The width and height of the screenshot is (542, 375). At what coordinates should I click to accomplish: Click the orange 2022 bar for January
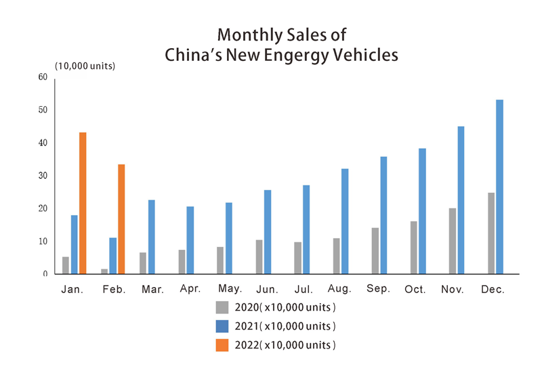[x=83, y=203]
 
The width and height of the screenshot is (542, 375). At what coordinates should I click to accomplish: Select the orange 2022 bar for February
[x=121, y=219]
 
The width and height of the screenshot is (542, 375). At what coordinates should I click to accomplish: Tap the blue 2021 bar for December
[x=500, y=187]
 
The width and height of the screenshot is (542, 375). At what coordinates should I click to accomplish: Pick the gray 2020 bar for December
[x=491, y=234]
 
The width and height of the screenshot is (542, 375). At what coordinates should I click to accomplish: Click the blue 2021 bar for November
[x=461, y=200]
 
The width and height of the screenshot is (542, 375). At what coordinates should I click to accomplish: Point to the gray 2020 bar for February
[x=104, y=271]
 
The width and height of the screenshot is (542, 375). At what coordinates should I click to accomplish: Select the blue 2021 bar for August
[x=345, y=221]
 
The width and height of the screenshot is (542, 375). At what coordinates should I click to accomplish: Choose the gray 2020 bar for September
[x=375, y=251]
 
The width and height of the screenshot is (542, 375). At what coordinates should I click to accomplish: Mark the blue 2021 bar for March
[x=152, y=237]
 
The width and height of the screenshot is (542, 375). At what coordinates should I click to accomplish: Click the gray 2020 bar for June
[x=259, y=257]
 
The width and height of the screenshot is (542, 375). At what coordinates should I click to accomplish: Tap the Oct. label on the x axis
[x=415, y=290]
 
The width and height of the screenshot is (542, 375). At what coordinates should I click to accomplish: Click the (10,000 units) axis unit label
[x=85, y=66]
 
